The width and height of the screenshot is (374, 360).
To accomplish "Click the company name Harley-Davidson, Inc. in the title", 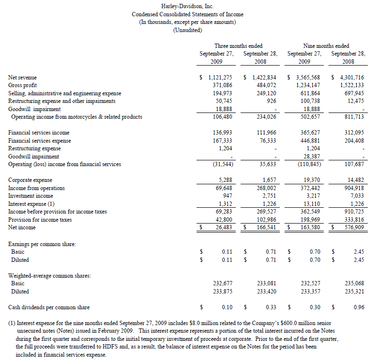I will point(187,7).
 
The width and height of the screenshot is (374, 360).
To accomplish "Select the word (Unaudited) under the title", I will point(187,30).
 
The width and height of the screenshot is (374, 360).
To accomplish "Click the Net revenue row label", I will point(22,78).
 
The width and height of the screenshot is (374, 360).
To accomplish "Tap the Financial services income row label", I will point(39,133).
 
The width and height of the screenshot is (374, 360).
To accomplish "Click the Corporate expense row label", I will point(31,180).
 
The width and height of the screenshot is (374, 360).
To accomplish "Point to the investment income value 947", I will point(228,196).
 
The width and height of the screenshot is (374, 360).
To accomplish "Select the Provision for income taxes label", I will point(40,220).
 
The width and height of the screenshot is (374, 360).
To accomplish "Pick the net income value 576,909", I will point(353,227).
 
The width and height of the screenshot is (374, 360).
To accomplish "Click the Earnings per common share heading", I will point(42,244).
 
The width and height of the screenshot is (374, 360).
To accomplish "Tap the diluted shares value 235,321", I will point(354,291).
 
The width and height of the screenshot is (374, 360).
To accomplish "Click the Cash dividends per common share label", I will point(49,307).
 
